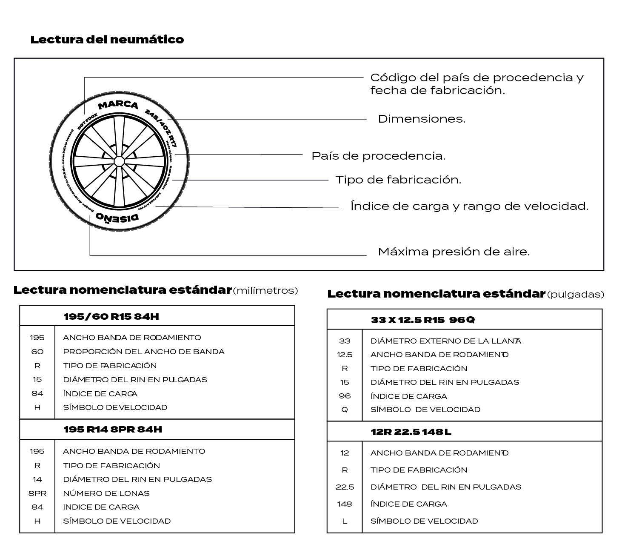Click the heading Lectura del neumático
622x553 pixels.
107,40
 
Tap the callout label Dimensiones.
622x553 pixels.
422,119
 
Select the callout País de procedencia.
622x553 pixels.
378,156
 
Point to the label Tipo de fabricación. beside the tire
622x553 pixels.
398,180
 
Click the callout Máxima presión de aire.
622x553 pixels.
454,252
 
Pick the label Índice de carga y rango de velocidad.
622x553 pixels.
469,206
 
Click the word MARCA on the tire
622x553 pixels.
118,105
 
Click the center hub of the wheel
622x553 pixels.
118,162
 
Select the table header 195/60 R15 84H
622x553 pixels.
111,316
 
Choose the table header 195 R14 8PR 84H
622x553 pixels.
113,429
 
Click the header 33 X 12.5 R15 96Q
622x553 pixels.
422,320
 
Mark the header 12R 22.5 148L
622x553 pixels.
411,432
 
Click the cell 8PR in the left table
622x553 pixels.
37,493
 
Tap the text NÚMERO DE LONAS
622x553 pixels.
106,493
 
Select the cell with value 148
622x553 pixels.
345,504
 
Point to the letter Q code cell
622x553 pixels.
345,410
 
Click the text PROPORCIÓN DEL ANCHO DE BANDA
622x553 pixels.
144,352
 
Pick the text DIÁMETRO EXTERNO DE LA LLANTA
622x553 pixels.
445,341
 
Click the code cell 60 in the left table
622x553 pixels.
37,352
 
